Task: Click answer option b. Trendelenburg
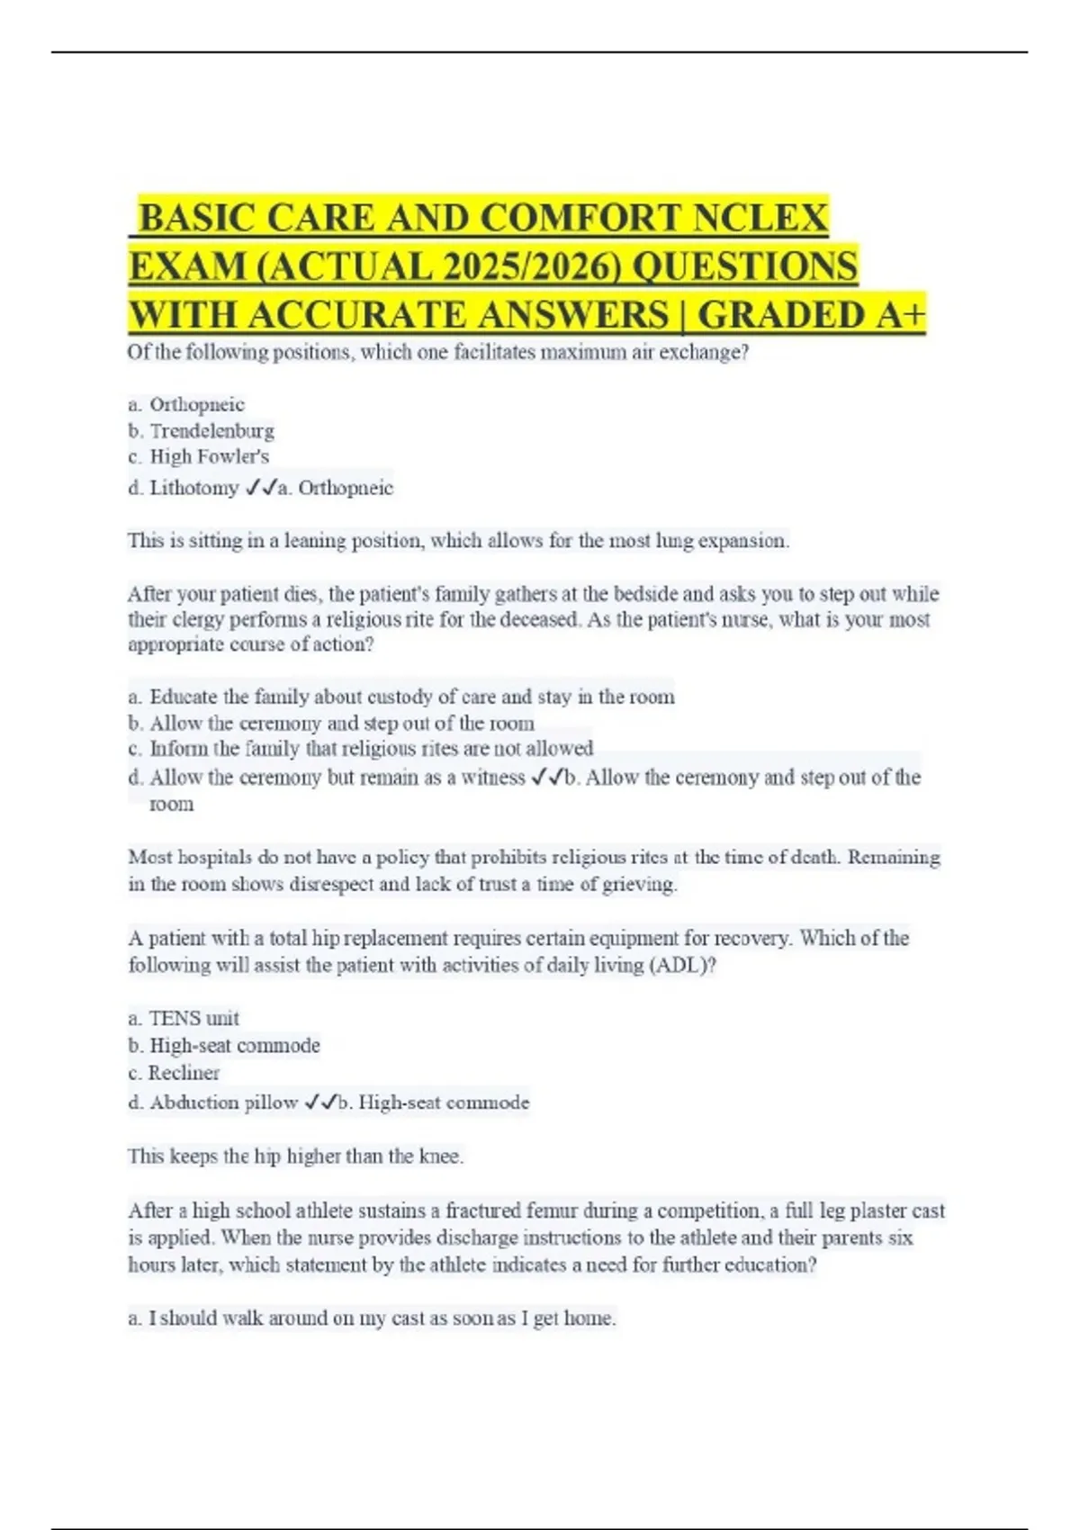point(202,430)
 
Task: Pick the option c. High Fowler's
point(199,456)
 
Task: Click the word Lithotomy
point(193,488)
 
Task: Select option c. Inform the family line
point(361,749)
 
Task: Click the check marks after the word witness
point(546,777)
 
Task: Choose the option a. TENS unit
point(184,1018)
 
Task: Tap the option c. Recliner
point(174,1073)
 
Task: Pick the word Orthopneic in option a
point(197,404)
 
